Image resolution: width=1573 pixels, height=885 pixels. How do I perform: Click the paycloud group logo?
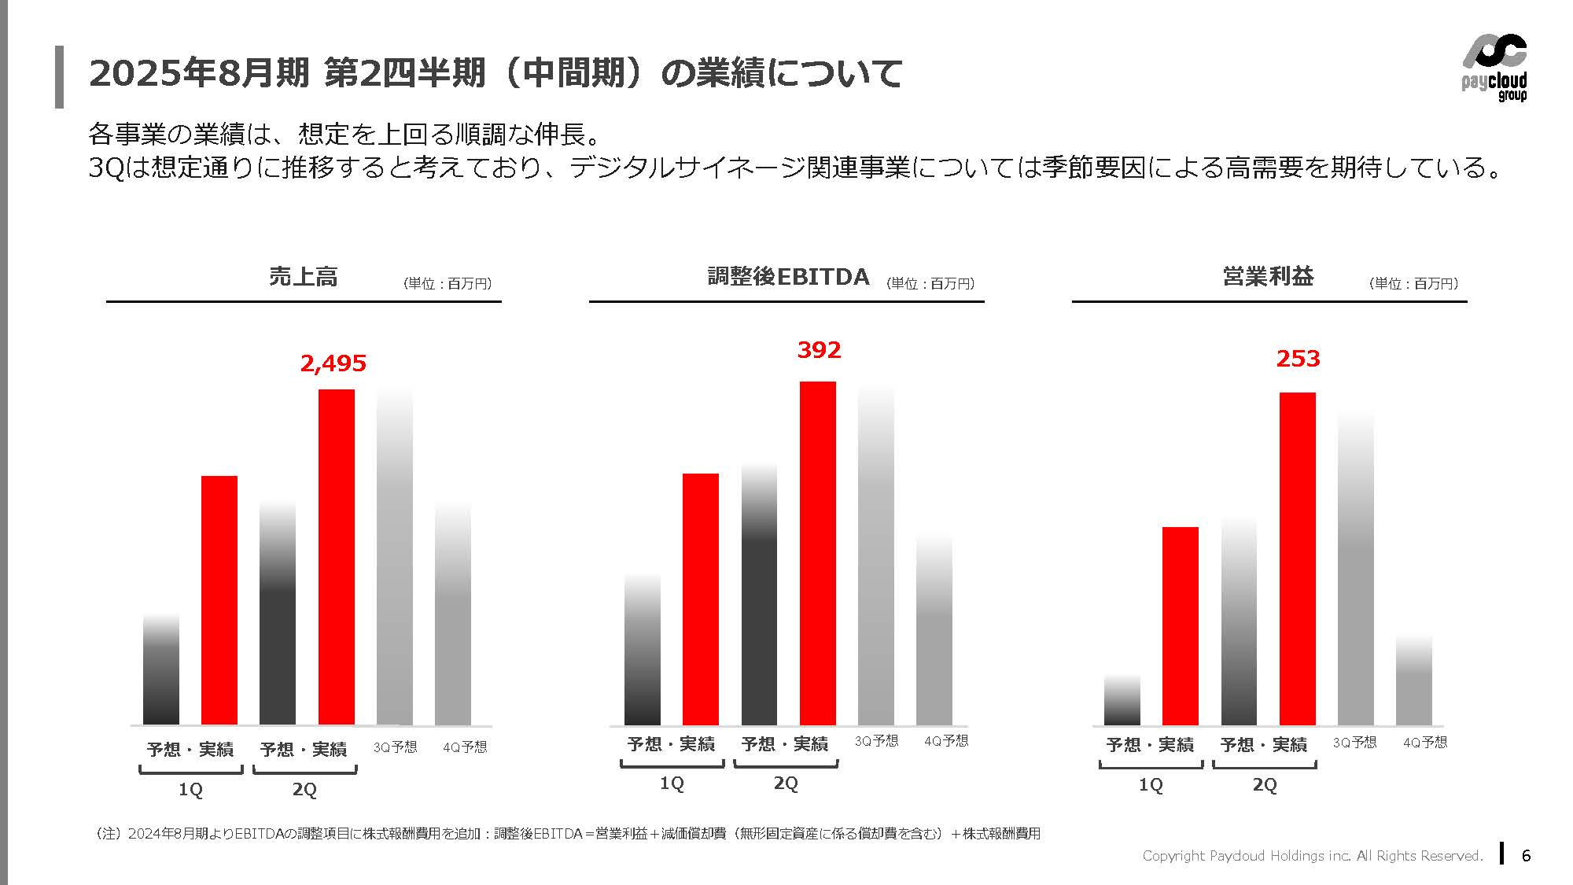(1494, 68)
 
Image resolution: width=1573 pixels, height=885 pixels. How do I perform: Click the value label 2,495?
(333, 363)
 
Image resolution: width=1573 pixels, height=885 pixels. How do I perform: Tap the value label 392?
(819, 350)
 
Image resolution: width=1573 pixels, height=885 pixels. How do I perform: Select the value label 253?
(1298, 359)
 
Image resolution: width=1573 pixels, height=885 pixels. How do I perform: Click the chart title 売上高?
(304, 277)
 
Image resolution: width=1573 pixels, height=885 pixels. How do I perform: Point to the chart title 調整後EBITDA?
(788, 277)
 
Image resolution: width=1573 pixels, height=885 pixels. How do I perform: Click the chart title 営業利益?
(1268, 277)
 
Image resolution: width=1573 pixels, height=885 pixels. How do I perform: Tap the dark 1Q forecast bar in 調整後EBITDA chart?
(642, 653)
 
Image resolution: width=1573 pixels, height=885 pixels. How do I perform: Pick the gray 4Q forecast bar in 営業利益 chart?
(1413, 684)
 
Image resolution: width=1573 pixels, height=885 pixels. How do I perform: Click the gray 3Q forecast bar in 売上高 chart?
(395, 559)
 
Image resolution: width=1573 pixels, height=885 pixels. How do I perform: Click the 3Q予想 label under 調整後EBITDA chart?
(876, 741)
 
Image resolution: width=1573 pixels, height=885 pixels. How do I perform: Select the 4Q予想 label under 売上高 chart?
(465, 747)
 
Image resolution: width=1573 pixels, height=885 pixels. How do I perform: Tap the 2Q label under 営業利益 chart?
(1265, 785)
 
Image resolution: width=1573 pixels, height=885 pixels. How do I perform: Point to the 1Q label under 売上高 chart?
(190, 790)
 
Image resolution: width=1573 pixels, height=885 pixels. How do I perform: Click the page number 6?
(1526, 856)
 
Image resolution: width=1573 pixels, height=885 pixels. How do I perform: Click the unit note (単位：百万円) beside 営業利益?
(1413, 284)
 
